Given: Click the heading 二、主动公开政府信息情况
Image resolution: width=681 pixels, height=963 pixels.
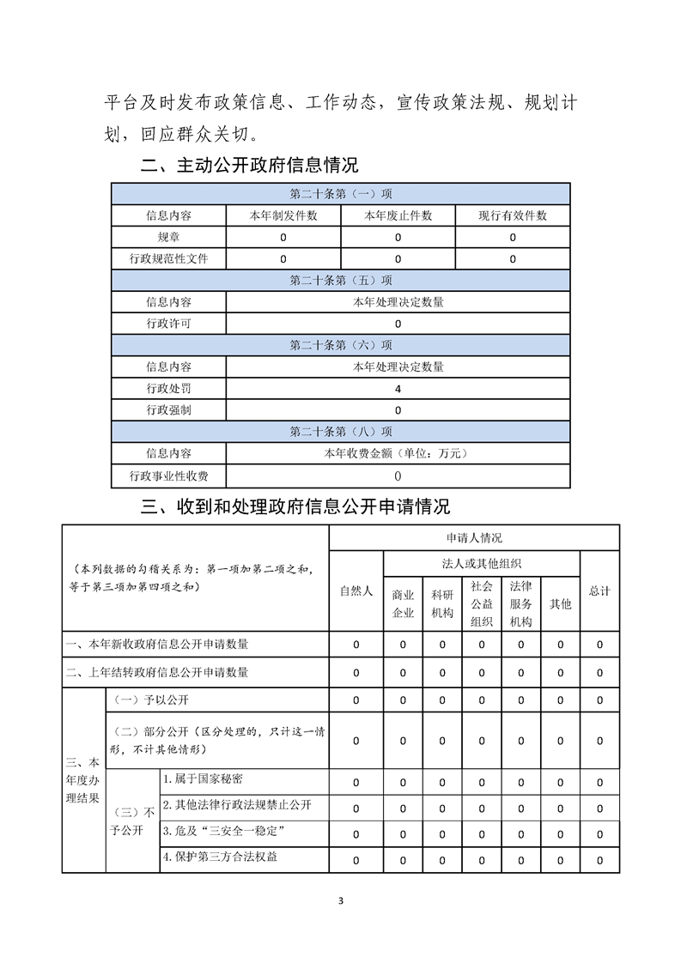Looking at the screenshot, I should pos(249,165).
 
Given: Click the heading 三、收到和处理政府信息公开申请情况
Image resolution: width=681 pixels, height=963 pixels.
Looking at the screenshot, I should pos(295,506).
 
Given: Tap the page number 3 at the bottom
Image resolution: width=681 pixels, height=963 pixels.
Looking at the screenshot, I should pos(341,901).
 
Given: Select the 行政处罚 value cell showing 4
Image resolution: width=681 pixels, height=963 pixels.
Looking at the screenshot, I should pos(398,389).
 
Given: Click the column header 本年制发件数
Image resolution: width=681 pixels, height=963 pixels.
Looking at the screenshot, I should pos(283,215).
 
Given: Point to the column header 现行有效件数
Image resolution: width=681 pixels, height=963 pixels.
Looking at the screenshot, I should pos(513,215).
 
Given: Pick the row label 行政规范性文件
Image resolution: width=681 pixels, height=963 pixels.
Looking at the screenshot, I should pos(169,258).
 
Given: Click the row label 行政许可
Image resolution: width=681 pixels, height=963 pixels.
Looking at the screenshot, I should pos(169,324).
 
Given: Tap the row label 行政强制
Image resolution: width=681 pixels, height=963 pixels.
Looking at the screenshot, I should pos(169,410).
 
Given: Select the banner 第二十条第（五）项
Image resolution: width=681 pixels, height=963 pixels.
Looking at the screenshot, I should pos(341,280).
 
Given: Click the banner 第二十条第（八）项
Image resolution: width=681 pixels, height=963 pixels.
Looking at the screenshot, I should pos(341,432).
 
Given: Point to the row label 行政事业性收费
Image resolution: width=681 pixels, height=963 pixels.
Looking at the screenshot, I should pos(169,475).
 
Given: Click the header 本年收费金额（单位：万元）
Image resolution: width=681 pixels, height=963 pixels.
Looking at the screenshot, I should pos(398,453).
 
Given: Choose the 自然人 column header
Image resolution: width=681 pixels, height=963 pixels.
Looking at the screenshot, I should pos(356,591).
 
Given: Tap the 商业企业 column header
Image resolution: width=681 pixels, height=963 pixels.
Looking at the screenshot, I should pos(403,603).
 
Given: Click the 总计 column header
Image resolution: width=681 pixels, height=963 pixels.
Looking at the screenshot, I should pos(599,591).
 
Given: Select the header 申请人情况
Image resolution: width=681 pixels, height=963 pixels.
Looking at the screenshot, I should pos(474,537).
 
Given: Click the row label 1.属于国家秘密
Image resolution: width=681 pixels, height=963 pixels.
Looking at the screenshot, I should pos(203,778).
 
